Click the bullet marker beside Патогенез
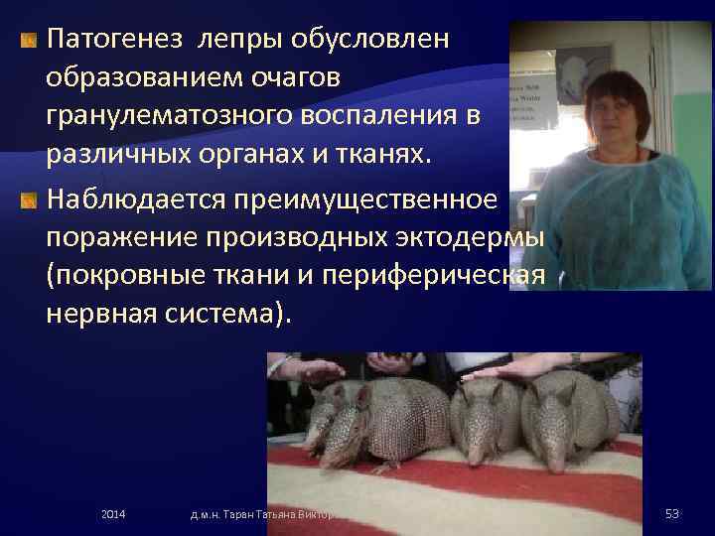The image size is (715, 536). click(29, 41)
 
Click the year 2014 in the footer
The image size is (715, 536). click(114, 513)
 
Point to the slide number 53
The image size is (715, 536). click(672, 513)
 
